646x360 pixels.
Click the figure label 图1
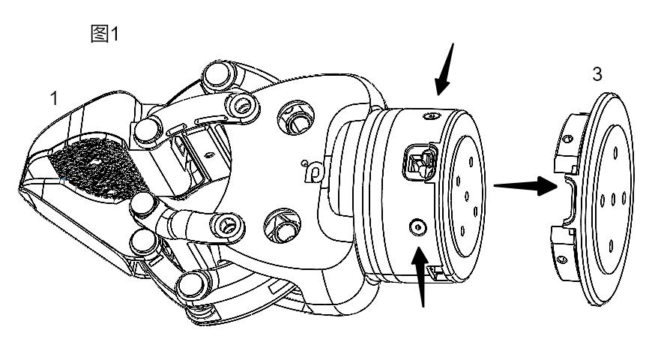pos(105,34)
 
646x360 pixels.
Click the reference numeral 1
pos(53,99)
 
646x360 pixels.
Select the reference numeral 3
pos(597,74)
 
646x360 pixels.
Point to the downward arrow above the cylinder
pos(444,69)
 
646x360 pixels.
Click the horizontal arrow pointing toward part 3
pos(525,186)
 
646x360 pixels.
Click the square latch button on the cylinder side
pos(419,163)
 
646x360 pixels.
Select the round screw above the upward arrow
pos(417,227)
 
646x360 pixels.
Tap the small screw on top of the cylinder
pos(429,116)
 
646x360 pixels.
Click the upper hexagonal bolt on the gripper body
pos(296,117)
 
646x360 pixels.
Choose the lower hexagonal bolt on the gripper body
pos(283,226)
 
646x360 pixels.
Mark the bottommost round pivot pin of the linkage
pos(193,284)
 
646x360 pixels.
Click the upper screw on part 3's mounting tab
pos(568,139)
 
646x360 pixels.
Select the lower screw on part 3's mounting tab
pos(562,259)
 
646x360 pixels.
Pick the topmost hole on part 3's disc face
pos(615,153)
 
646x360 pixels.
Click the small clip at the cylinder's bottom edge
pos(433,271)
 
